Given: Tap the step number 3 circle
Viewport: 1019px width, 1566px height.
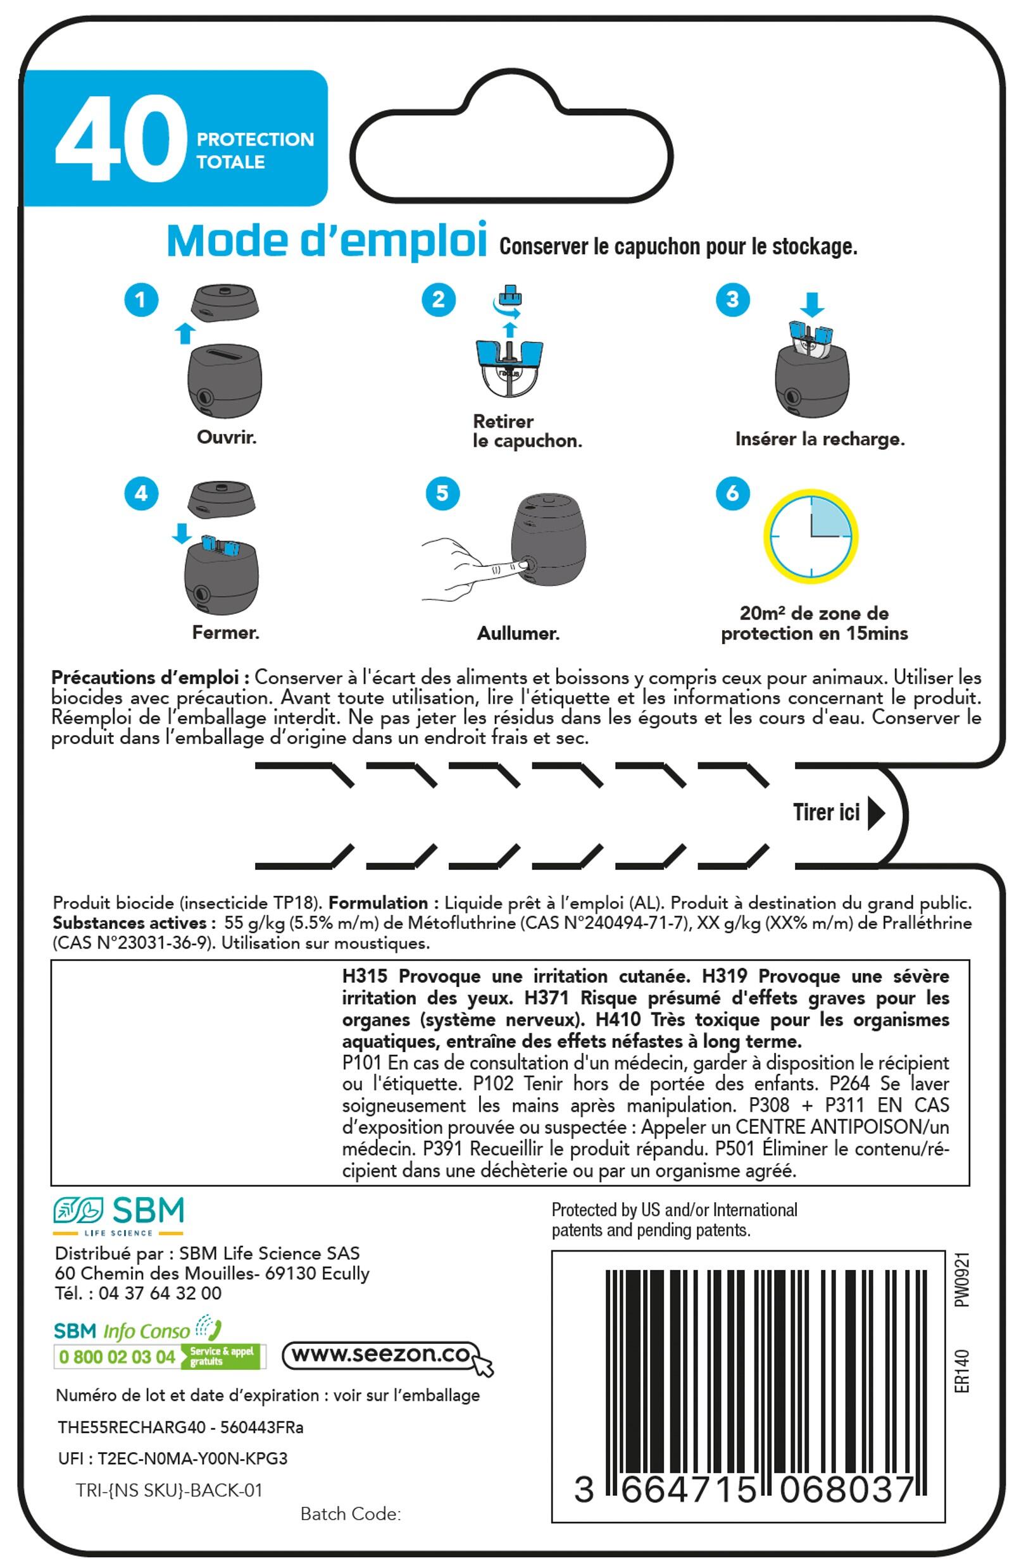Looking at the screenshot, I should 732,300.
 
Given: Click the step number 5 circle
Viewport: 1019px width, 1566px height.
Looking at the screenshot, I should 442,493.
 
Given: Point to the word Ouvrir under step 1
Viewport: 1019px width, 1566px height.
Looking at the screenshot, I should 227,438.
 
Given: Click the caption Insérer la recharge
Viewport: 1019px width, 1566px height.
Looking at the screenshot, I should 820,440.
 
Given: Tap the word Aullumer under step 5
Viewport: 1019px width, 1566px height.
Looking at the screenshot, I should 518,633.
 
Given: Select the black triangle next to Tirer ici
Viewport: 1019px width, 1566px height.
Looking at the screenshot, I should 875,813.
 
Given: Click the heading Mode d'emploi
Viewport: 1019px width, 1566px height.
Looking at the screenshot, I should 327,242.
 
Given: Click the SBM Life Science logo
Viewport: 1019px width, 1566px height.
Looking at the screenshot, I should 118,1216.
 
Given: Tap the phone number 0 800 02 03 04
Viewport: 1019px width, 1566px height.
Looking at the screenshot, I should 116,1357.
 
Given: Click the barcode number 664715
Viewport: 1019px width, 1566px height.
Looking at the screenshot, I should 688,1490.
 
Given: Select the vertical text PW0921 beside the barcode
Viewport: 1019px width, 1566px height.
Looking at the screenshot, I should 962,1280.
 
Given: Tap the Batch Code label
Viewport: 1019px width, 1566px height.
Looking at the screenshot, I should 350,1514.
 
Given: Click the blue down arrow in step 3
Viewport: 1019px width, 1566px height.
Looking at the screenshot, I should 811,304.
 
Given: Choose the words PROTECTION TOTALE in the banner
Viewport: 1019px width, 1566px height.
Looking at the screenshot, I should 256,151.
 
